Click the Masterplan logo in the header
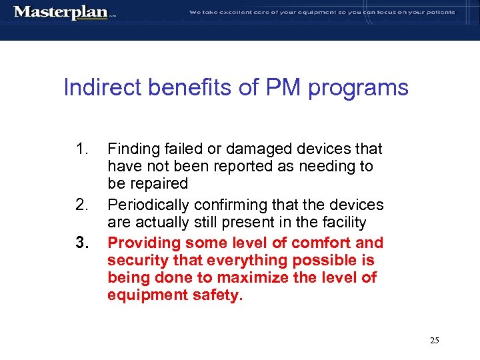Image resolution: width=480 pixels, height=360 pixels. (61, 12)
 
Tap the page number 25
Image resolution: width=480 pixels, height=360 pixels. (434, 341)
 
